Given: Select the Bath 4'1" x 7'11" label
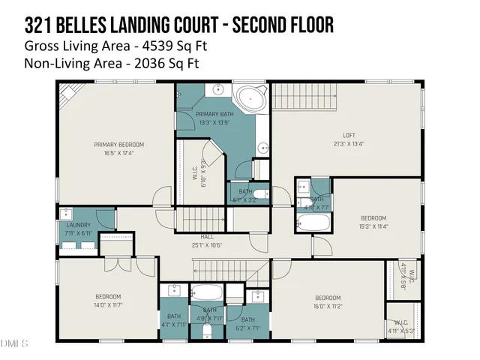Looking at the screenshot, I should [174, 321].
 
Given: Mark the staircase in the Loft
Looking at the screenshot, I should [295, 97].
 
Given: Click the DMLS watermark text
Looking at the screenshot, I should [15, 344].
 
